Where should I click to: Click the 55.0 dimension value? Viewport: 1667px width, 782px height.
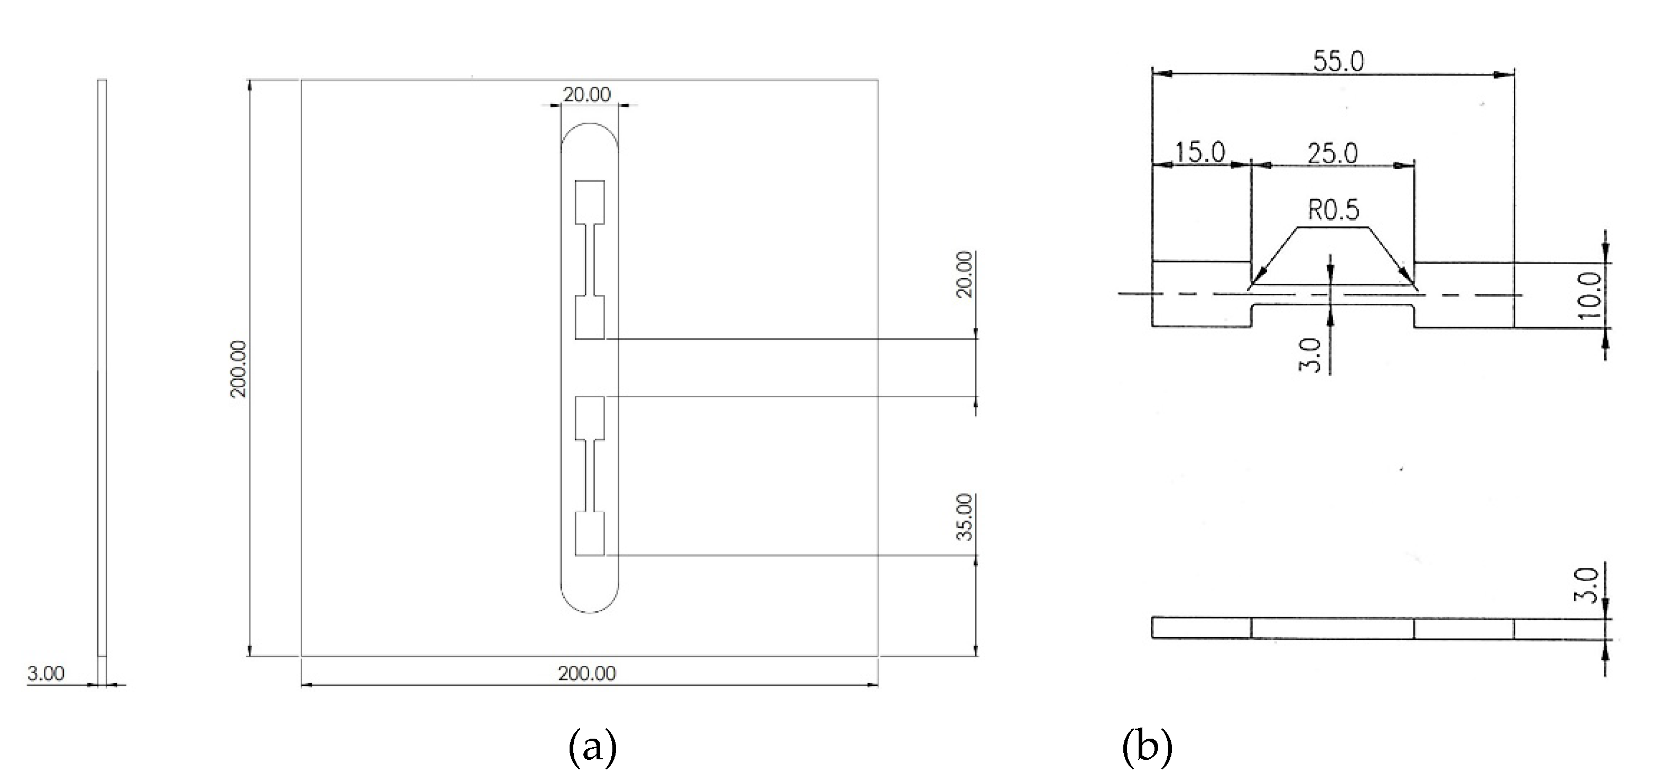coord(1338,61)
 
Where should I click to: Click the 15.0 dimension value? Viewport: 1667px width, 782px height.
coord(1200,153)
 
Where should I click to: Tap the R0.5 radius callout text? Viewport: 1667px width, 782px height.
coord(1334,210)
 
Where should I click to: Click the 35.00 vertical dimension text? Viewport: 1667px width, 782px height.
coord(965,517)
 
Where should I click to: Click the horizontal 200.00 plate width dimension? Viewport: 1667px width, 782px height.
coord(587,674)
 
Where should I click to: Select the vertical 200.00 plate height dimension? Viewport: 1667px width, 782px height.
coord(239,368)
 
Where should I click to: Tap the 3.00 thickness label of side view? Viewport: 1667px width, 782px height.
coord(46,674)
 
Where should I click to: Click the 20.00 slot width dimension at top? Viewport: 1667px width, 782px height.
coord(586,95)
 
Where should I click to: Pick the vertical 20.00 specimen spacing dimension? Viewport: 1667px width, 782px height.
coord(965,274)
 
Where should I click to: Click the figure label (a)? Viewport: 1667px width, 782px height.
coord(592,748)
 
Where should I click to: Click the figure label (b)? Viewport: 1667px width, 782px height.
coord(1147,748)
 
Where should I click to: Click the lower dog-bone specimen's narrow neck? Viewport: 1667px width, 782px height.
coord(590,476)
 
